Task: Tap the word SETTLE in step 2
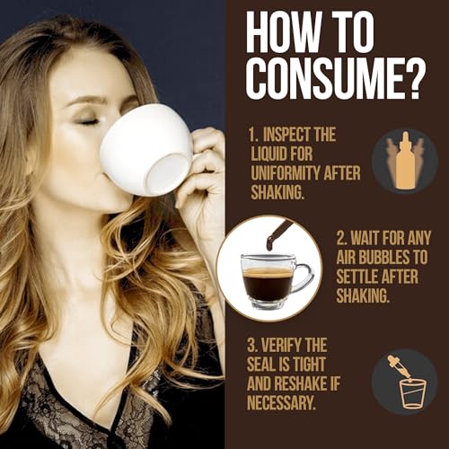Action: point(356,276)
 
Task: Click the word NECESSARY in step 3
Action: point(281,401)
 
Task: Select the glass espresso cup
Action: point(274,281)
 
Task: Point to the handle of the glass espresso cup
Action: point(303,277)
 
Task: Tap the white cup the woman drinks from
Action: point(147,151)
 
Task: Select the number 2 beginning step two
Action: point(340,238)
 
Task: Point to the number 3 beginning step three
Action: point(251,346)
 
